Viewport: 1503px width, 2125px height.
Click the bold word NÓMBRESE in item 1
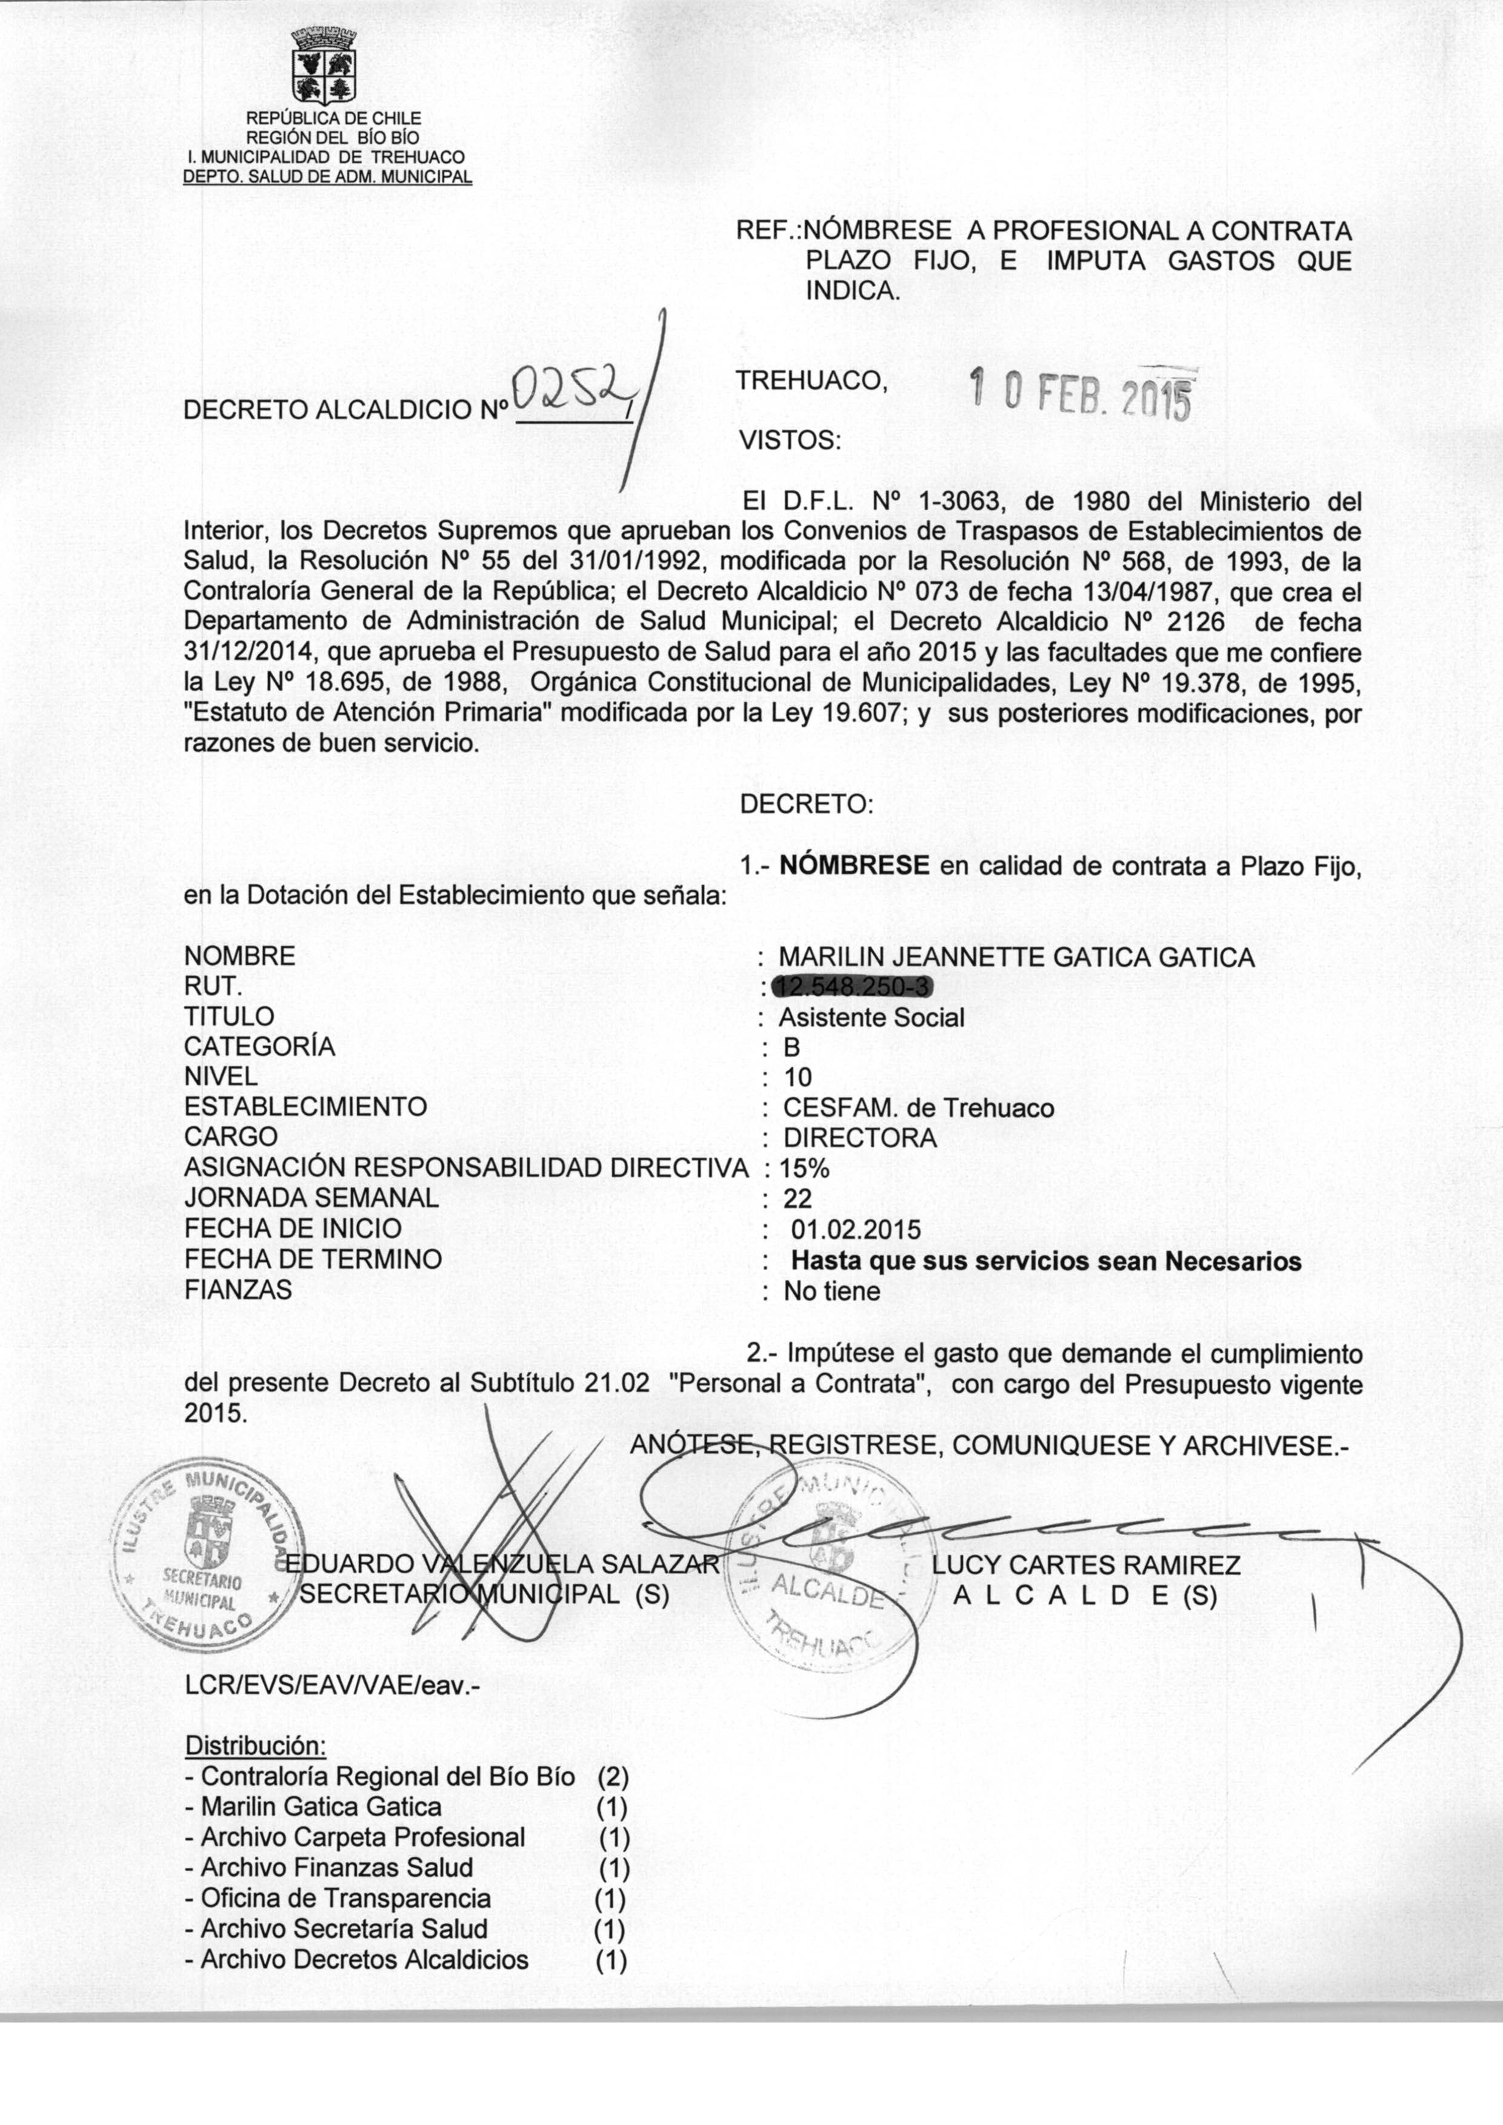point(855,866)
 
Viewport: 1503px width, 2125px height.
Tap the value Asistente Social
point(871,1018)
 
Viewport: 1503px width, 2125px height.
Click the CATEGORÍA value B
point(791,1047)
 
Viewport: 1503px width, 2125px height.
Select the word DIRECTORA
point(860,1137)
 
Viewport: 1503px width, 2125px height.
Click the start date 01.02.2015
point(856,1230)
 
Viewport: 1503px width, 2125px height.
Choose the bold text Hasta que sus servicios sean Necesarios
point(1046,1260)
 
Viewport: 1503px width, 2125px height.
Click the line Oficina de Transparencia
point(346,1898)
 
